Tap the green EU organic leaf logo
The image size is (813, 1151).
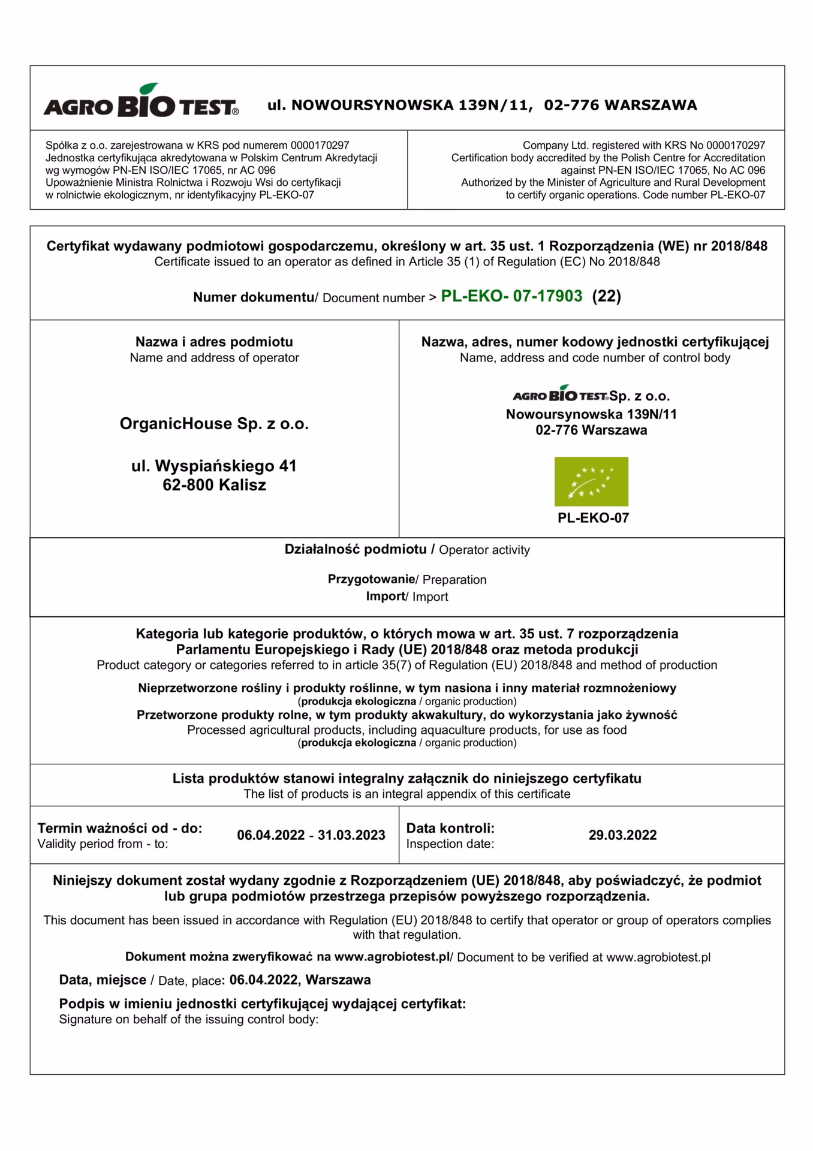pos(591,481)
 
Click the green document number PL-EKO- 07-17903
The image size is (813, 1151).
pos(511,296)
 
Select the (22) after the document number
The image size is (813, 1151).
pos(606,296)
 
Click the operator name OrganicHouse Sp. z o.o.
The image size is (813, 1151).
pos(214,424)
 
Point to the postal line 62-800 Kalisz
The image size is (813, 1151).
pos(214,485)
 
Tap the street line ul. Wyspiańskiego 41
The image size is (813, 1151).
pos(214,466)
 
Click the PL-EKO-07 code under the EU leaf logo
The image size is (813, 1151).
pos(593,518)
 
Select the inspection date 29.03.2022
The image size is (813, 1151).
pos(622,835)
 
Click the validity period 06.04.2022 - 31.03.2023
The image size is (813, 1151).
pos(311,835)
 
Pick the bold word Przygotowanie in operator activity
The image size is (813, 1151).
pos(371,579)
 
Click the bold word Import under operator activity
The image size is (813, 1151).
pos(386,596)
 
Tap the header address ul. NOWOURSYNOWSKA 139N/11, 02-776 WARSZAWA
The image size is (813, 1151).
pos(482,106)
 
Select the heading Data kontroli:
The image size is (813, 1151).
pos(450,828)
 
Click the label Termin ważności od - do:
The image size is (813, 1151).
pos(120,828)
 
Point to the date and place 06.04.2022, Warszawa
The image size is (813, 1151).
pos(300,980)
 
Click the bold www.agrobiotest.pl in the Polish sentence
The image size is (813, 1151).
pos(392,957)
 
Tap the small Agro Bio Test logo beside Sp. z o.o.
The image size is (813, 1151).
pos(560,394)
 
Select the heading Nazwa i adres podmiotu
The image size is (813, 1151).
pos(214,342)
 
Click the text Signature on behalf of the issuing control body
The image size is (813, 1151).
pos(188,1019)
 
